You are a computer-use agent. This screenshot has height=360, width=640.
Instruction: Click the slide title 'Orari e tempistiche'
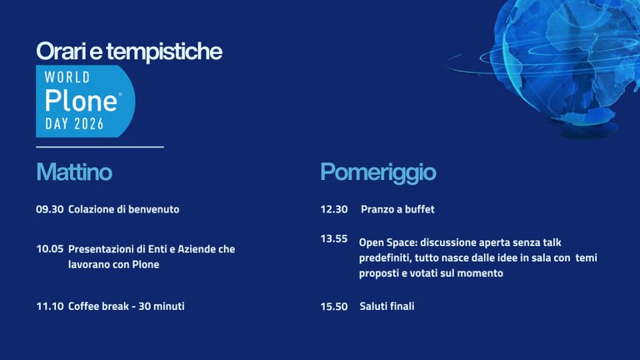(129, 52)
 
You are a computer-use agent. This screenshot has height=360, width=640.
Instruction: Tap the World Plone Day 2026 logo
(83, 101)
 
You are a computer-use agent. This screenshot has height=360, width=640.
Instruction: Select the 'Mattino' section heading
(74, 172)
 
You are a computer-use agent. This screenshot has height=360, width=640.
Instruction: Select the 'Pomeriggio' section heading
(377, 172)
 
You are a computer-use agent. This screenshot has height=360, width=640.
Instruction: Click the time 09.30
(50, 209)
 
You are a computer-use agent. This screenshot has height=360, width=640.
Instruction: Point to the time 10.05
(50, 249)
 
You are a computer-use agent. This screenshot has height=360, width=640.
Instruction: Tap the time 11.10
(50, 306)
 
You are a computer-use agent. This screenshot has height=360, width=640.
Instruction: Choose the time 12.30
(334, 209)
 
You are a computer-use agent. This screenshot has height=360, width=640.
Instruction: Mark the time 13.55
(334, 239)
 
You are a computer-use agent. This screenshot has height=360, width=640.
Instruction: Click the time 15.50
(334, 307)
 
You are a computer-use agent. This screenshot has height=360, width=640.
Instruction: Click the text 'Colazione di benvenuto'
(124, 209)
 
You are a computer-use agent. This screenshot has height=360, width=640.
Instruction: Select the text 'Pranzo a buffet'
(397, 209)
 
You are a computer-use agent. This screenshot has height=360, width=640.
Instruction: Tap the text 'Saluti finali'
(387, 307)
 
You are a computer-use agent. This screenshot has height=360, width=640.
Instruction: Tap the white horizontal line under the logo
(100, 147)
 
